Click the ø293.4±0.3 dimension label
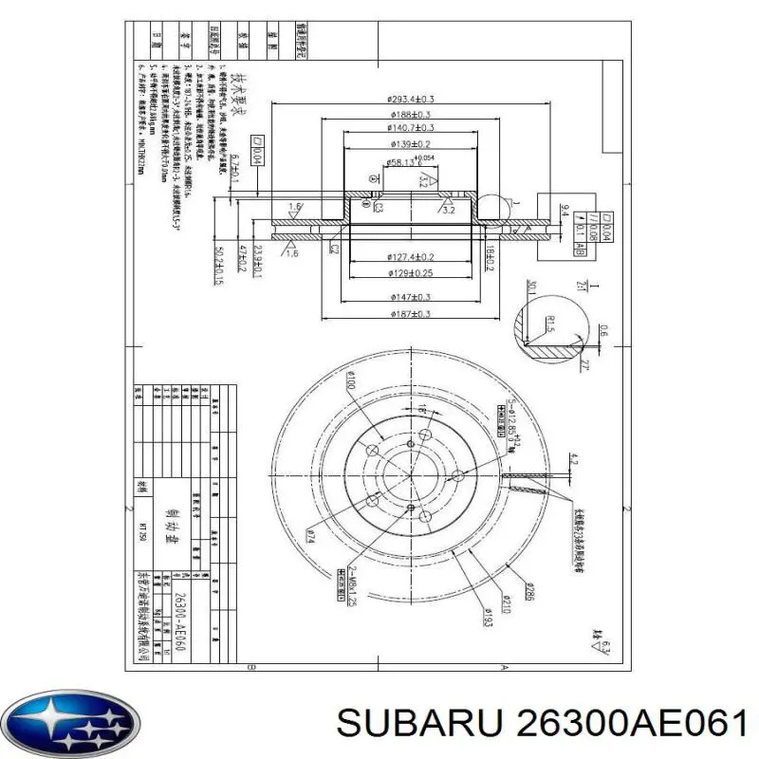pos(411,99)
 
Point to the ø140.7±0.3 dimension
pos(411,128)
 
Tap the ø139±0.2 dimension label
pos(411,144)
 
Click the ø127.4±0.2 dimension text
pos(411,258)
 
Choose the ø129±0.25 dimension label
pos(411,273)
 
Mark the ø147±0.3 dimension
pos(411,298)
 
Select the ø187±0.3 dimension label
pos(411,314)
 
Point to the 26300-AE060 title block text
pos(180,621)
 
